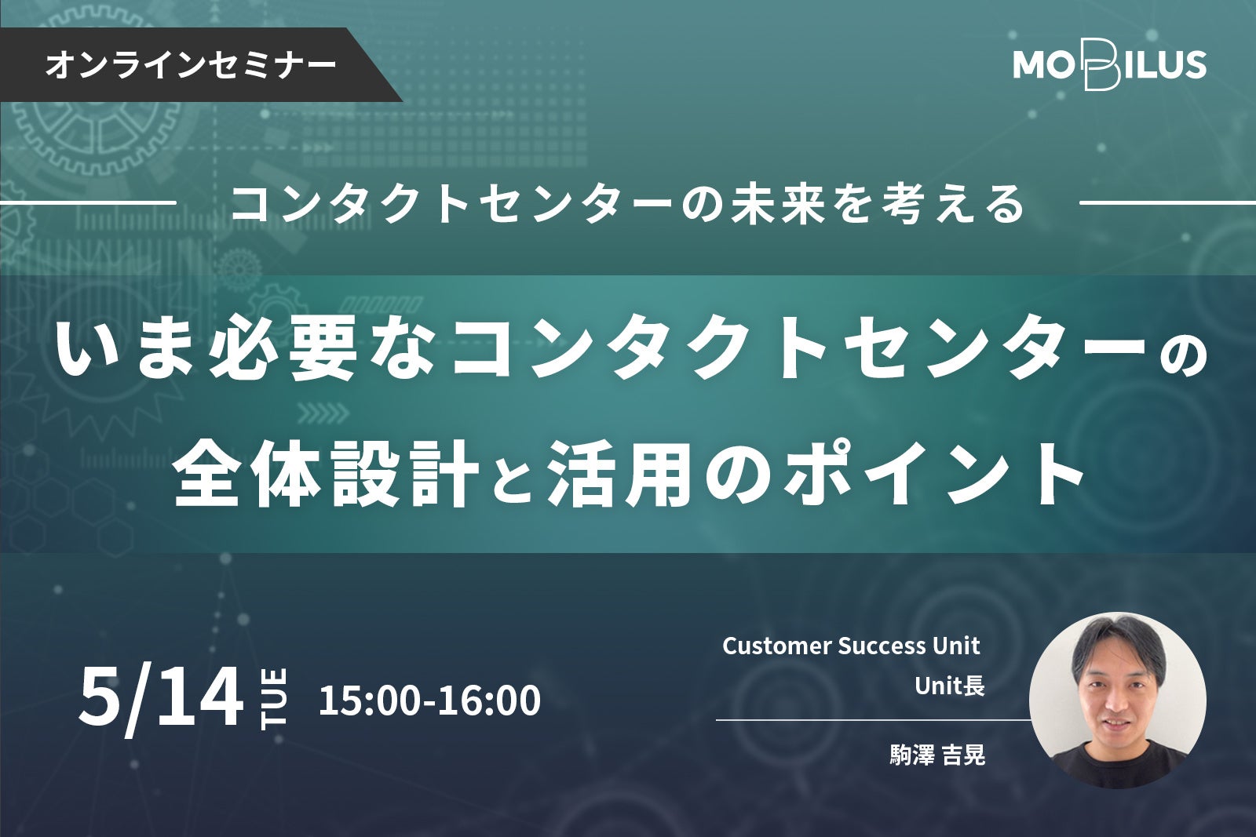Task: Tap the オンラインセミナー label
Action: [192, 65]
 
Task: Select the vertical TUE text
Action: [274, 698]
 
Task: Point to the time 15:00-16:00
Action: [429, 701]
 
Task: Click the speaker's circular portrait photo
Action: [1118, 701]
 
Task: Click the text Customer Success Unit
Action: [851, 646]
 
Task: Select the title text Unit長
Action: [950, 686]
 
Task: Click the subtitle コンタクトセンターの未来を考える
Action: [628, 204]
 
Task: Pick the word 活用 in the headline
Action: [619, 476]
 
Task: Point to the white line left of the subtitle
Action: [88, 203]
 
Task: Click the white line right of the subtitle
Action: [1167, 203]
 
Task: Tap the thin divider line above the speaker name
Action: [874, 720]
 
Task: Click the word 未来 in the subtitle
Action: [780, 204]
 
